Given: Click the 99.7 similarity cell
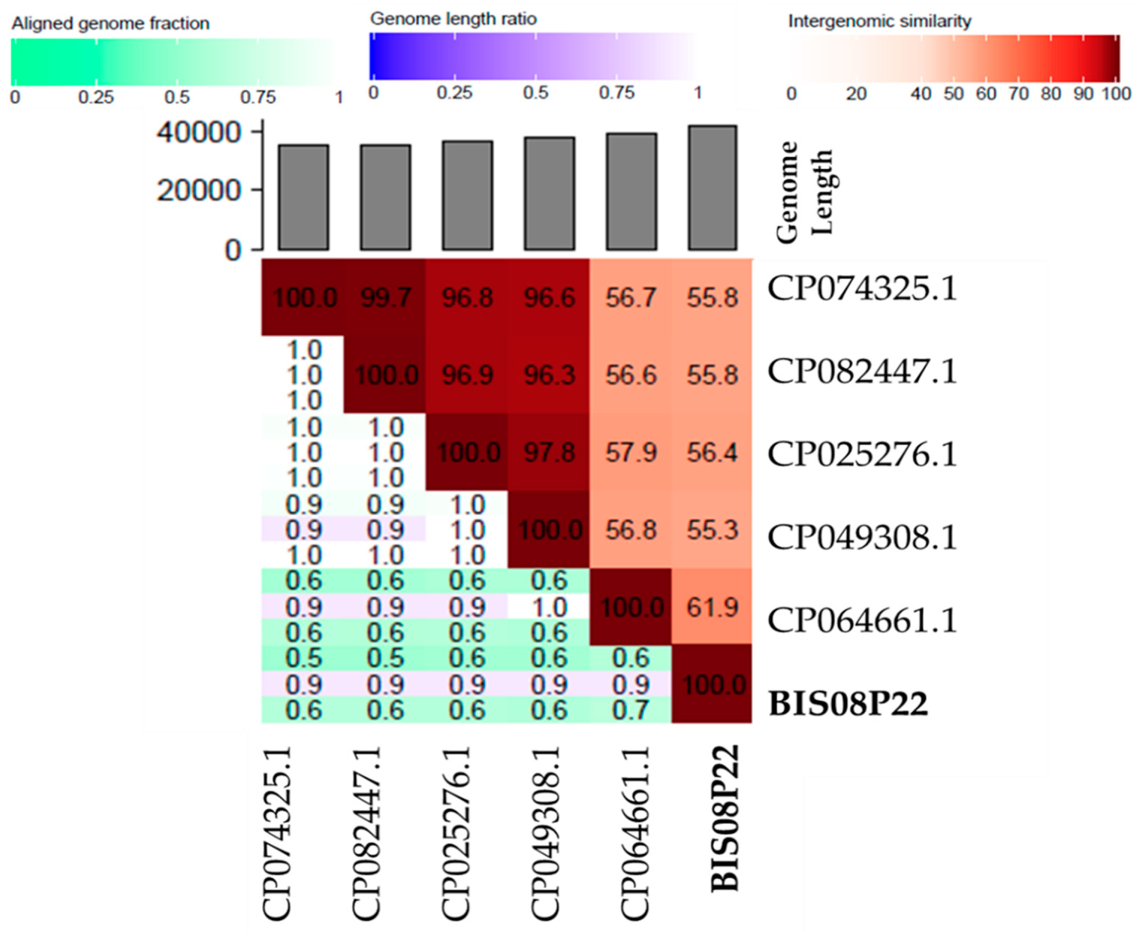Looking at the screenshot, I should pyautogui.click(x=385, y=298).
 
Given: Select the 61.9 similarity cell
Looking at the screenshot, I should pyautogui.click(x=712, y=607).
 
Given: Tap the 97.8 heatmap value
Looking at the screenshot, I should pyautogui.click(x=549, y=452).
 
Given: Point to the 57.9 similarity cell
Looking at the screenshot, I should pyautogui.click(x=630, y=452).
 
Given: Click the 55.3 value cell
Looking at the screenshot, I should pyautogui.click(x=712, y=530).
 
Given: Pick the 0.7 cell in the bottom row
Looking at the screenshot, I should pyautogui.click(x=630, y=710).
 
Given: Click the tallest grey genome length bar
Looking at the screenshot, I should pyautogui.click(x=712, y=188).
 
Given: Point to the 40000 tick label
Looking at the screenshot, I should pyautogui.click(x=198, y=133).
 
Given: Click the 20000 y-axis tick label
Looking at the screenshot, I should pyautogui.click(x=198, y=190).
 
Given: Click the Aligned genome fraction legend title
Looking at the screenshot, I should pyautogui.click(x=110, y=24).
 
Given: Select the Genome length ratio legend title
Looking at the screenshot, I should pyautogui.click(x=453, y=19).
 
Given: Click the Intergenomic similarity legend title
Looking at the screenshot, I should pyautogui.click(x=879, y=22).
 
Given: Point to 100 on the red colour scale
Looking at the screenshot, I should pyautogui.click(x=1116, y=94).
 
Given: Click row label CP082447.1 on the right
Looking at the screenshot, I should pyautogui.click(x=862, y=372).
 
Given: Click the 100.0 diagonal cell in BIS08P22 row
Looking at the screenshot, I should pyautogui.click(x=712, y=685).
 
